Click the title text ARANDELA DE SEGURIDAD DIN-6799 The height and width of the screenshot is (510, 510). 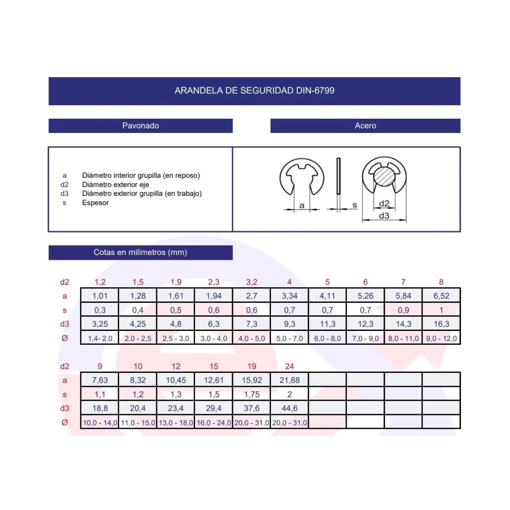tap(254, 91)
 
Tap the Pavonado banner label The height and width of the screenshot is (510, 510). tap(140, 125)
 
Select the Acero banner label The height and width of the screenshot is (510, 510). tap(365, 125)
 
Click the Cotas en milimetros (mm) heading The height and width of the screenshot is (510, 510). tap(140, 252)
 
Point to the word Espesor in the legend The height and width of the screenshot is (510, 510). tap(95, 203)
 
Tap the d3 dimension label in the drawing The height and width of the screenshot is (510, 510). tap(384, 216)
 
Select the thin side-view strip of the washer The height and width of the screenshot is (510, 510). tap(338, 176)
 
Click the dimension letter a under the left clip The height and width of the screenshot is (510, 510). tap(302, 205)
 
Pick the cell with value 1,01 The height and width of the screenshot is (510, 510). tap(100, 295)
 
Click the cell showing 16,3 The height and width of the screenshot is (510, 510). tap(441, 324)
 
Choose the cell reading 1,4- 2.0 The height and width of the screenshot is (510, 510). tap(100, 338)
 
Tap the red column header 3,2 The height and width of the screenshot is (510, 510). tap(251, 282)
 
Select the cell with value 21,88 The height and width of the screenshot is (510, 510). tap(289, 380)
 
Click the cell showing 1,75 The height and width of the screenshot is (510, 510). tap(251, 394)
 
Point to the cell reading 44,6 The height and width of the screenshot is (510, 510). tap(289, 408)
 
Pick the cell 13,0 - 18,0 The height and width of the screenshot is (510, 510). tap(176, 422)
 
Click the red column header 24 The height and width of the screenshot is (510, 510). tap(289, 366)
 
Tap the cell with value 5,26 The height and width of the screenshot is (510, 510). tap(365, 295)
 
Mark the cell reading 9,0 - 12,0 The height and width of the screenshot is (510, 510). tap(441, 338)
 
